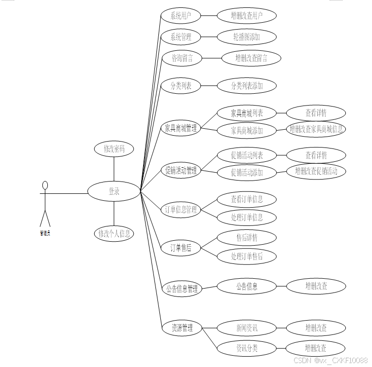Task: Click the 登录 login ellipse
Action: click(114, 192)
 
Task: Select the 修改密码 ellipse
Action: click(114, 149)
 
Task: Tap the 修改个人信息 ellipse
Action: click(114, 233)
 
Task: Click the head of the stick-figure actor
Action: click(45, 185)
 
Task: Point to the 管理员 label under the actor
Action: click(45, 233)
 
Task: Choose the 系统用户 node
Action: click(181, 16)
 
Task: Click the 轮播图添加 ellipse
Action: click(247, 37)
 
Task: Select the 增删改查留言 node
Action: click(251, 58)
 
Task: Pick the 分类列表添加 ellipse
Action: click(247, 86)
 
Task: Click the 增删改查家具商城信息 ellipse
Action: click(316, 129)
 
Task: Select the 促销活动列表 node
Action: click(247, 155)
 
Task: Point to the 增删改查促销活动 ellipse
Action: click(316, 171)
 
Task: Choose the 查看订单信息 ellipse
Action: click(247, 199)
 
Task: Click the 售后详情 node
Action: click(247, 238)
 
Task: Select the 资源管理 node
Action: click(182, 328)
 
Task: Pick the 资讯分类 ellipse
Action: click(247, 348)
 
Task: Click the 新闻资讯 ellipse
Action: click(247, 328)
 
